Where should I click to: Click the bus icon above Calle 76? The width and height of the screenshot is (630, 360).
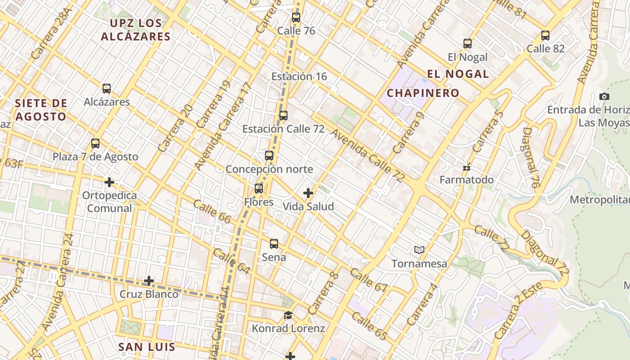[x=296, y=18]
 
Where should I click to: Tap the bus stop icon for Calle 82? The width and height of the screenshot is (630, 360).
[x=545, y=35]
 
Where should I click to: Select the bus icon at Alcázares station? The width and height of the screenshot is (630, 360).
[x=107, y=89]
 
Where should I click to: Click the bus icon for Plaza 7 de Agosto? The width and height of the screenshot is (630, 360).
[x=95, y=144]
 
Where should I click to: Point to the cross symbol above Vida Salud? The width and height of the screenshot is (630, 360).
[x=308, y=193]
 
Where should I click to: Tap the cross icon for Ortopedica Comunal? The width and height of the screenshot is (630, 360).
[x=109, y=182]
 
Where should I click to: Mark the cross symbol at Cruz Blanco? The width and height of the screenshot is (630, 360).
[x=149, y=281]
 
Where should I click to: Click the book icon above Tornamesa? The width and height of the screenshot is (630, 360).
[x=419, y=250]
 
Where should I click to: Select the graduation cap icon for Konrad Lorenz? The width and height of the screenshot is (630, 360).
[x=288, y=315]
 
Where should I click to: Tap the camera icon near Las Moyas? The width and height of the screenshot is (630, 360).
[x=604, y=96]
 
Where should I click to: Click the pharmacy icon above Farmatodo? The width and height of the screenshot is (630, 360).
[x=467, y=167]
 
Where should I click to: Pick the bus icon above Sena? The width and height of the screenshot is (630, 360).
[x=274, y=244]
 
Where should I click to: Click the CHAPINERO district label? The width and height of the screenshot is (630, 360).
[x=423, y=93]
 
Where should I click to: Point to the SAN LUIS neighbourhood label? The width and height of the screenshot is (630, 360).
[x=146, y=347]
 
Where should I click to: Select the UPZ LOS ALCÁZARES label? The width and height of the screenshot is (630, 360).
[x=135, y=30]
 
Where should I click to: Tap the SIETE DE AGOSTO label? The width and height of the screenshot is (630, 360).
[x=40, y=110]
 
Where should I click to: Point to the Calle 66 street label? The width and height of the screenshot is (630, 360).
[x=212, y=211]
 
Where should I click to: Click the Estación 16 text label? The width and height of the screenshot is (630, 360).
[x=299, y=76]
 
